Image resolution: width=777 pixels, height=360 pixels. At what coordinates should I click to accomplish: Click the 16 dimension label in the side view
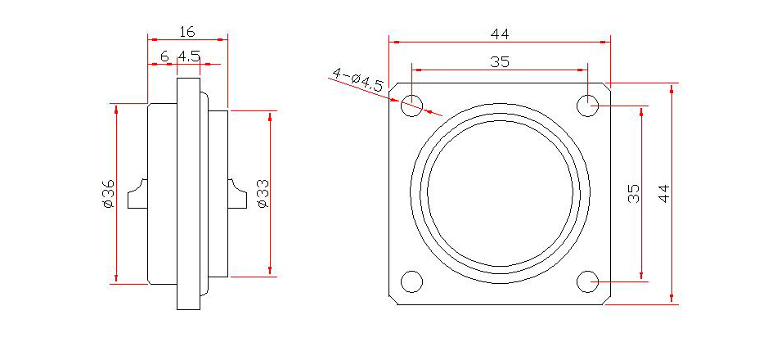coord(186,32)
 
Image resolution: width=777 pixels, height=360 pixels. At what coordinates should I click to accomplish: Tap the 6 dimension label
coord(164,56)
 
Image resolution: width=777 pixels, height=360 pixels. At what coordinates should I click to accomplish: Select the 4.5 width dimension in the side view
coord(189,56)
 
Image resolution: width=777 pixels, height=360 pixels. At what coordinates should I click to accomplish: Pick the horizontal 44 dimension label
coord(500,34)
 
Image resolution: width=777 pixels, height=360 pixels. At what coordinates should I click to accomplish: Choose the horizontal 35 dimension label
coord(500,62)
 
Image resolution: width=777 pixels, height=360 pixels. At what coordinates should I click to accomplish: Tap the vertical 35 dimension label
coord(634,194)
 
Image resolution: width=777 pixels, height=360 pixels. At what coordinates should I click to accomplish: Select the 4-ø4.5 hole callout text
coord(357,79)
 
